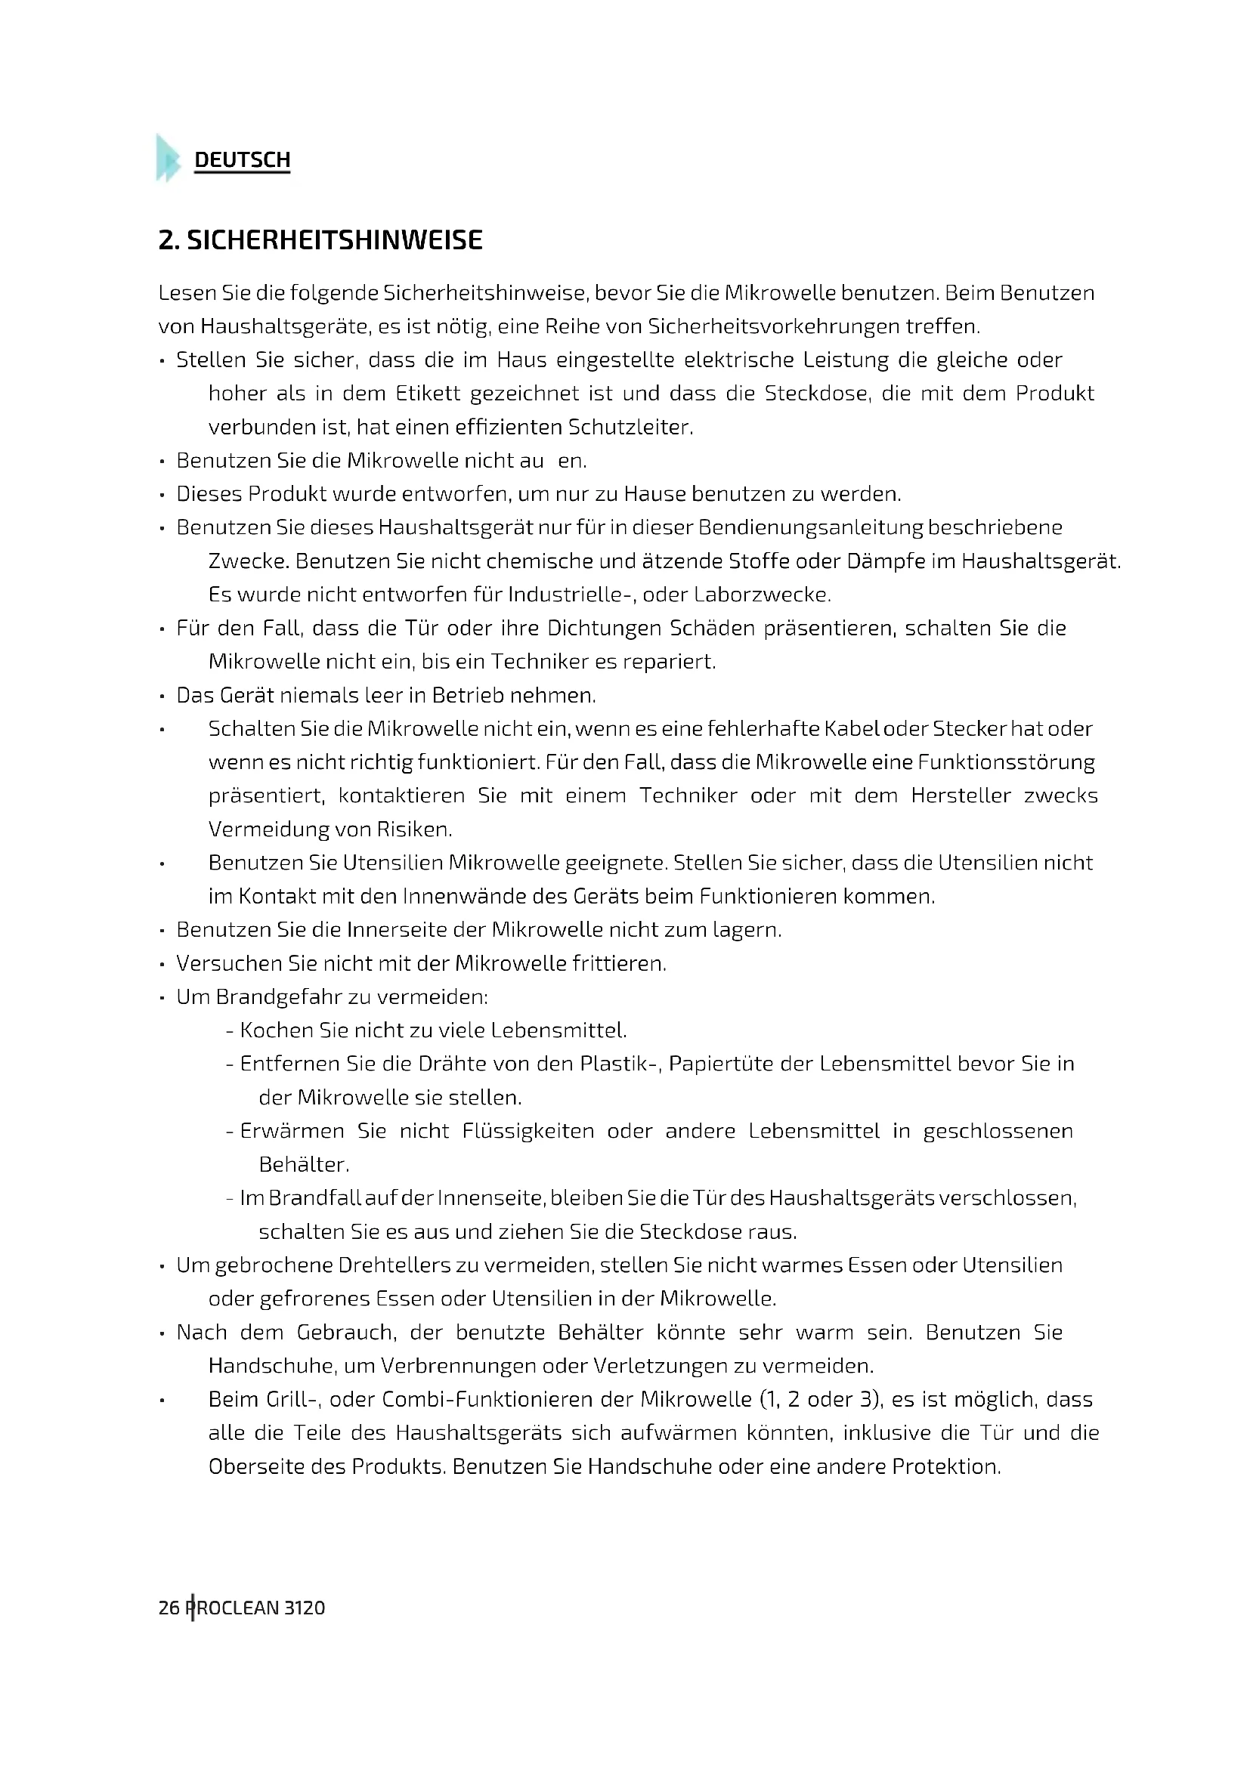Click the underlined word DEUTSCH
click(x=242, y=160)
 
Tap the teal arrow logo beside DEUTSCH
click(x=167, y=158)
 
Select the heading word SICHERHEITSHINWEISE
click(x=335, y=240)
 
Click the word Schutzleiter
click(x=630, y=427)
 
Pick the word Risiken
click(x=414, y=829)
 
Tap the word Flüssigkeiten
click(x=528, y=1131)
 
